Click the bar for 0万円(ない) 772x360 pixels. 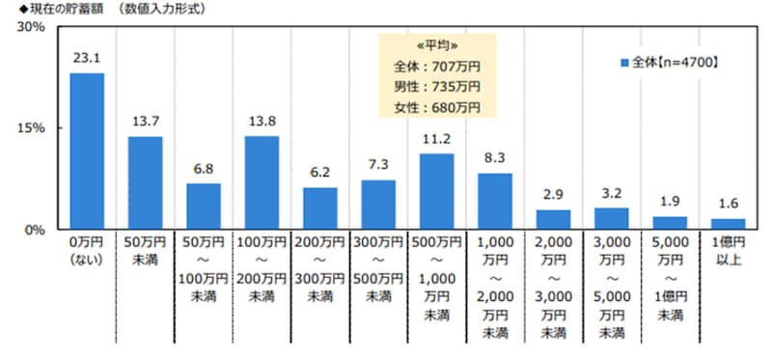point(87,151)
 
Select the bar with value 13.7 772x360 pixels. point(145,182)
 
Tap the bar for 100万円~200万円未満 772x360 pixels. point(262,182)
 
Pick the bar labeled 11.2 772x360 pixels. point(436,191)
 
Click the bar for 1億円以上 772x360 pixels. point(728,224)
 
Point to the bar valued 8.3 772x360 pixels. point(494,201)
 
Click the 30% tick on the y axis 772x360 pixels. point(32,27)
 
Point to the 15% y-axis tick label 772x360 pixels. point(32,127)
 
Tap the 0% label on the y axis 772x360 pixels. point(35,230)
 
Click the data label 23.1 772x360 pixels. point(87,59)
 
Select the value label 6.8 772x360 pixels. point(204,169)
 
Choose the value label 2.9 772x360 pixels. point(553,195)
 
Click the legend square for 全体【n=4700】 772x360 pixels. point(624,62)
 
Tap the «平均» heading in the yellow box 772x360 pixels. point(437,46)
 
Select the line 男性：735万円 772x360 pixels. point(437,87)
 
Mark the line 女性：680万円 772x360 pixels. point(437,106)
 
